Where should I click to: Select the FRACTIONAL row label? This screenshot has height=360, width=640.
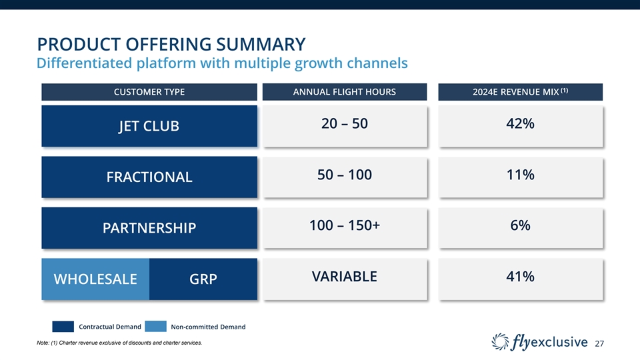(149, 177)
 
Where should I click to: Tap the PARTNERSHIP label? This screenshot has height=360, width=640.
(149, 229)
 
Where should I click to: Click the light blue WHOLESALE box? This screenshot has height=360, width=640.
(95, 279)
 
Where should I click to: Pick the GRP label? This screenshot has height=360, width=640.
(203, 279)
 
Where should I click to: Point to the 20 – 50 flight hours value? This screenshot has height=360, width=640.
(344, 124)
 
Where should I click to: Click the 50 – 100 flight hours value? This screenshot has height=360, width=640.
(344, 175)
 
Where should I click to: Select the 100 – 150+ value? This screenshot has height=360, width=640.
(345, 225)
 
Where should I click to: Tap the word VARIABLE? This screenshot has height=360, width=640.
(344, 276)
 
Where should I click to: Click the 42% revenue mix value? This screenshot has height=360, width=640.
(520, 124)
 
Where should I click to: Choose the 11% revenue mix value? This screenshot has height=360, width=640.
(520, 175)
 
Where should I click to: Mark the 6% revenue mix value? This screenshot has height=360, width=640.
(520, 225)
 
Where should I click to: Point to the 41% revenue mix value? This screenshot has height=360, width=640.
(520, 276)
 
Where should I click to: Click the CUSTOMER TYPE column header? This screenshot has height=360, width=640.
(149, 92)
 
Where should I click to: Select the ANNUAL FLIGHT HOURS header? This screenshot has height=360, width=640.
(345, 92)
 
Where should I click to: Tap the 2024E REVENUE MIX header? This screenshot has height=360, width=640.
(520, 92)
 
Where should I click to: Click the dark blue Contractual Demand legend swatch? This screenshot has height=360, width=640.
(63, 327)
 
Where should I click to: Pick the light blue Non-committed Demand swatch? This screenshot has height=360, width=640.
(155, 327)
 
